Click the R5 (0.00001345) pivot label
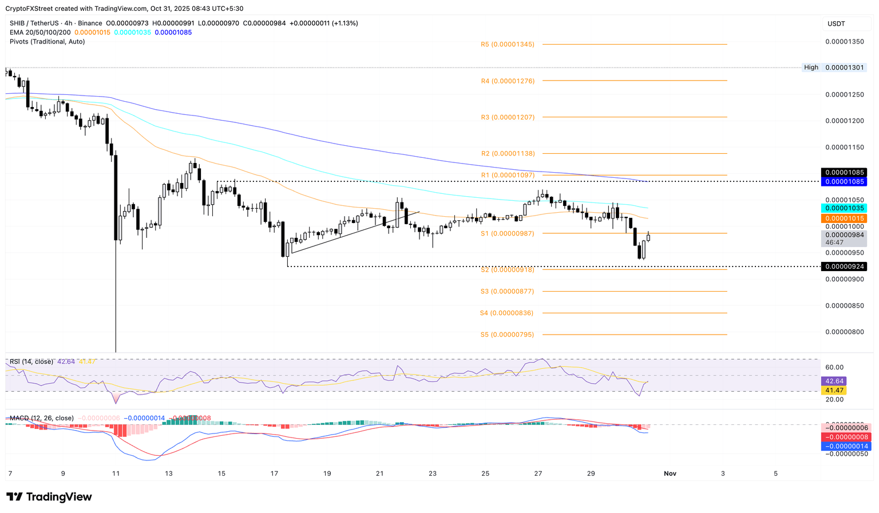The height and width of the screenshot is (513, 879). [x=508, y=44]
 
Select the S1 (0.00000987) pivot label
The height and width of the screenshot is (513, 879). [x=507, y=233]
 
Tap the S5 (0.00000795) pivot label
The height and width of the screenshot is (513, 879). [x=507, y=335]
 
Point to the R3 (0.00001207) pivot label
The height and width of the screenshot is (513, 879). [x=508, y=117]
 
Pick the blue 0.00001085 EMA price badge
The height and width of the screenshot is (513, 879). [x=844, y=182]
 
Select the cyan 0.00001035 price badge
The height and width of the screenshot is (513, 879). [x=844, y=208]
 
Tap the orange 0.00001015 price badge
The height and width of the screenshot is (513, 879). [x=844, y=218]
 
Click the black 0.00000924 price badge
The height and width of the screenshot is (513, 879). [x=844, y=267]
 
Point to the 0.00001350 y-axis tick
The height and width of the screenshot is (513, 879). [x=844, y=42]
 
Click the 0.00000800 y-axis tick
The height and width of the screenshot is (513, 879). [x=844, y=332]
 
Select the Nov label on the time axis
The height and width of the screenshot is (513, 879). [x=670, y=474]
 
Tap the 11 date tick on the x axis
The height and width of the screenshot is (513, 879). [x=116, y=474]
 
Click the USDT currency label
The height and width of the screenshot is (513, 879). [x=836, y=23]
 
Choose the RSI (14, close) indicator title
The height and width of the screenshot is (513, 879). [x=31, y=361]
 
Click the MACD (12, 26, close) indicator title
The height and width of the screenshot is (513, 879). [x=42, y=418]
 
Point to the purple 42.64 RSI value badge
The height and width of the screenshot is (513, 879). [x=833, y=381]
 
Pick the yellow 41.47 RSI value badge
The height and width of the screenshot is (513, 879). [x=833, y=391]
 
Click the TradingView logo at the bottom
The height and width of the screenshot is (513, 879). [x=49, y=497]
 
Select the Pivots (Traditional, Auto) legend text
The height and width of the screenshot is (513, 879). [x=47, y=42]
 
